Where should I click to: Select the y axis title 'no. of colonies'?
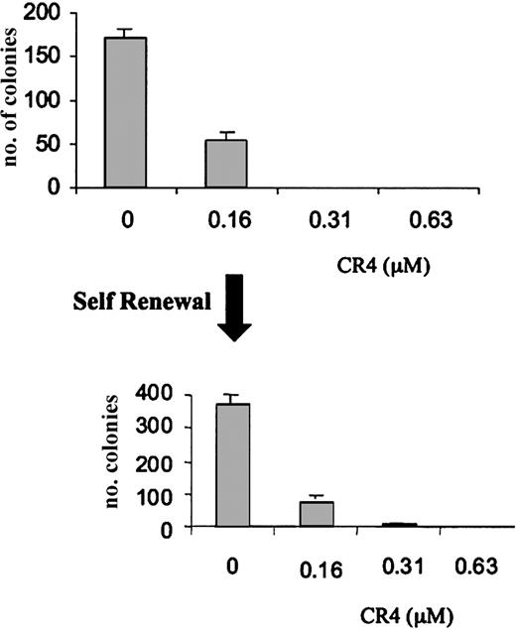[x=15, y=98]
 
